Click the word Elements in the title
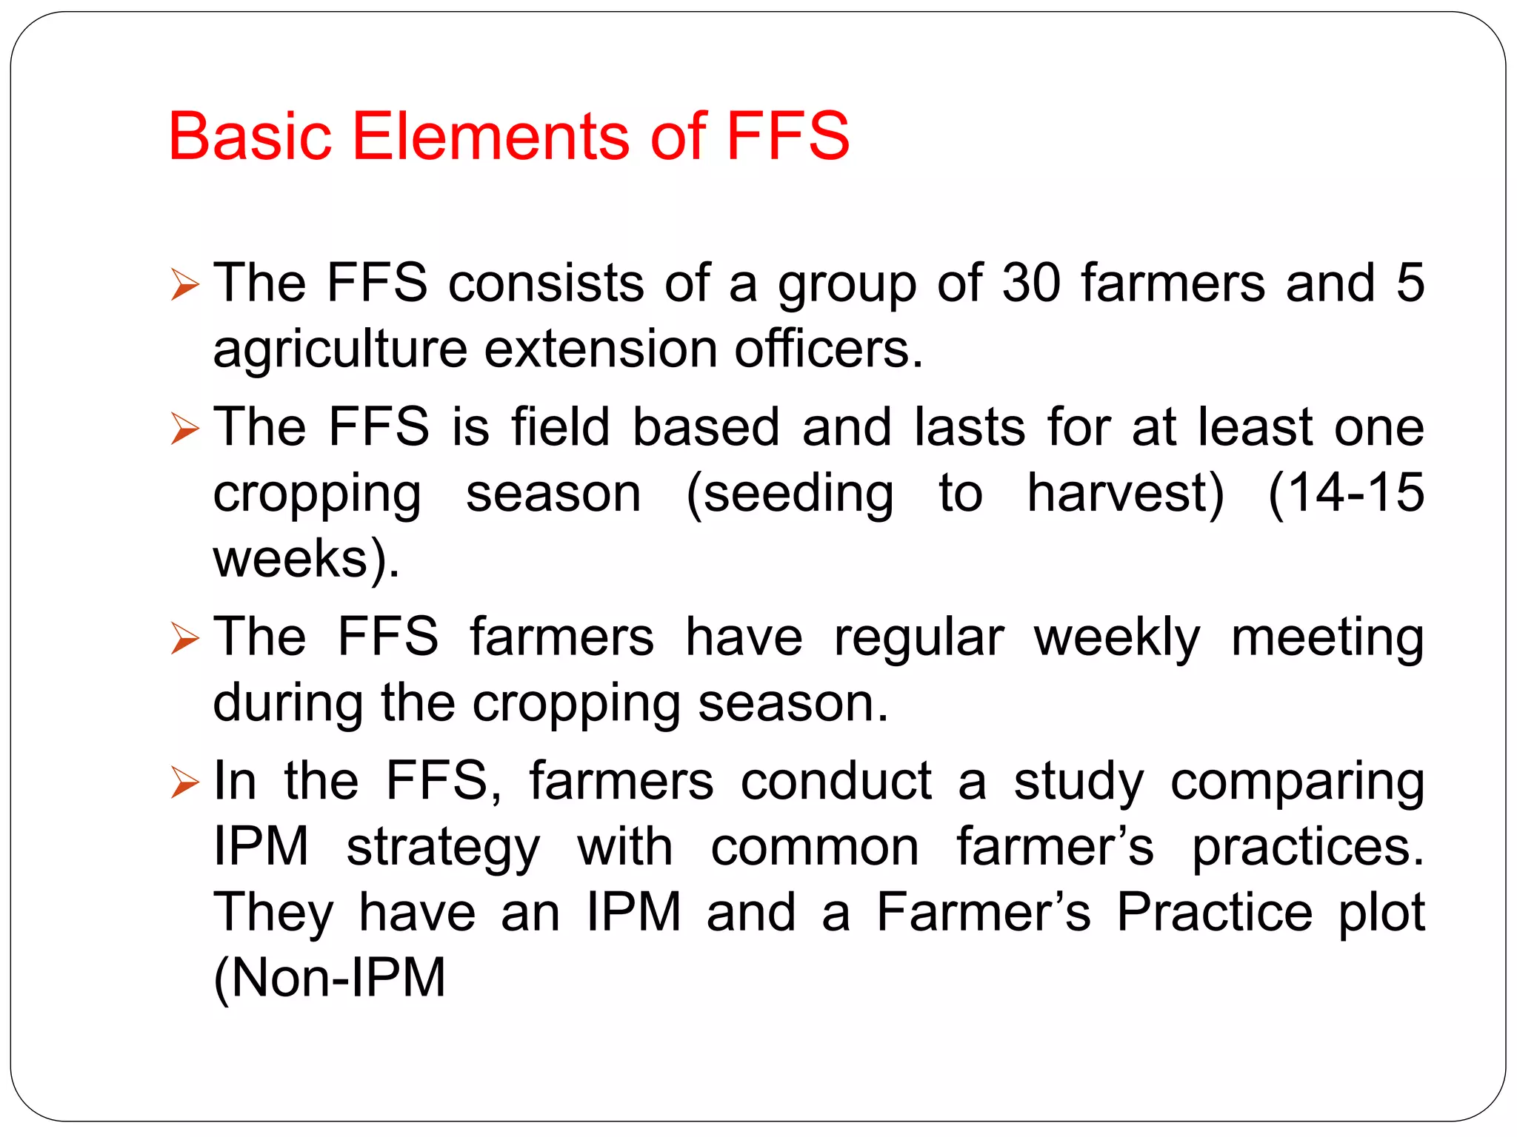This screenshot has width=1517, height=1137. point(492,135)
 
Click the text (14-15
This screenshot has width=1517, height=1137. point(1345,493)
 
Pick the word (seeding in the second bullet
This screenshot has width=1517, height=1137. point(790,494)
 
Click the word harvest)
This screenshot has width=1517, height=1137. point(1125,493)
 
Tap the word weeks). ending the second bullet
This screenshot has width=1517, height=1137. point(306,559)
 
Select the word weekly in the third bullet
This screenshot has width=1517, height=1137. point(1116,638)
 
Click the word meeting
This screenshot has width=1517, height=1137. point(1327,638)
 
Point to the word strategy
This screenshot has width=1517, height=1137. point(443,848)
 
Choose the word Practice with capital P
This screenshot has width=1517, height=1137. point(1214,912)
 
